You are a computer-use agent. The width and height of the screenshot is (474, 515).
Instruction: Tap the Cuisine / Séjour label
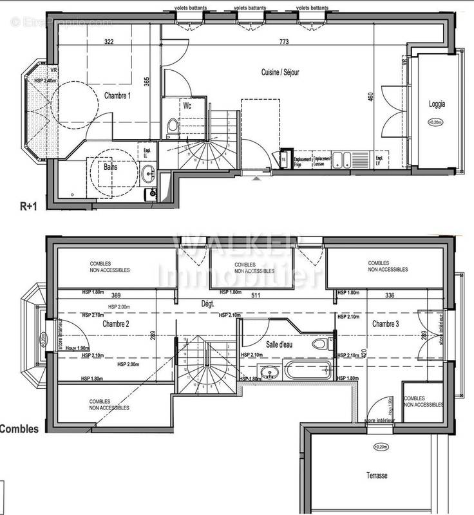click(x=280, y=72)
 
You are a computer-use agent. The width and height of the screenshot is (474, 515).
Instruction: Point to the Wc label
click(x=187, y=105)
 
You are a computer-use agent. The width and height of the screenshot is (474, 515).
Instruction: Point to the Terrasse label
click(x=374, y=476)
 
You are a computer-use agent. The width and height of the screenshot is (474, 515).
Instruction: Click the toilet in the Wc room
click(x=170, y=127)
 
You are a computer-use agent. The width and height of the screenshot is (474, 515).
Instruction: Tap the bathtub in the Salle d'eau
click(x=308, y=370)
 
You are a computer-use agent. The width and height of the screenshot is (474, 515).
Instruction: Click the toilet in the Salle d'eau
click(x=320, y=343)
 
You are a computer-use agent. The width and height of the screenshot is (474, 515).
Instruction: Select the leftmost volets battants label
click(x=189, y=8)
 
